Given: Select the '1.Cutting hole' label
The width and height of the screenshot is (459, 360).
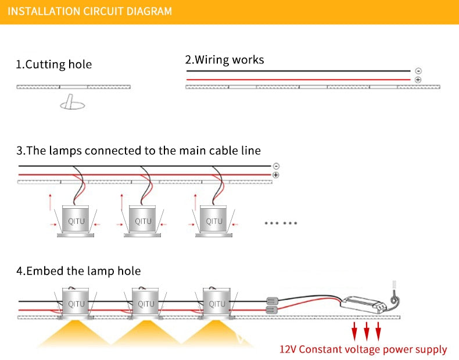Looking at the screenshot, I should click(x=53, y=64).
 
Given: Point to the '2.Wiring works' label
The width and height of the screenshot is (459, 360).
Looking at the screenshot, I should click(x=224, y=59).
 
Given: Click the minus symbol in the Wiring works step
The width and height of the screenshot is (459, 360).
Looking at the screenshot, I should click(x=418, y=71).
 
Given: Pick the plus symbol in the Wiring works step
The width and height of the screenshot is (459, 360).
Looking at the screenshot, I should click(x=418, y=79).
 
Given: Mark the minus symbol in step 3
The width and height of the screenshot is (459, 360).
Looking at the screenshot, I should click(x=275, y=166).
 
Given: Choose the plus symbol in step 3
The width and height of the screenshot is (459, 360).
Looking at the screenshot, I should click(x=275, y=174).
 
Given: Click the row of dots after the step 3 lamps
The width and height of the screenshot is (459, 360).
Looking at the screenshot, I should click(x=281, y=223).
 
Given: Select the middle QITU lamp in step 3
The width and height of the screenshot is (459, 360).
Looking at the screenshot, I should click(x=144, y=220).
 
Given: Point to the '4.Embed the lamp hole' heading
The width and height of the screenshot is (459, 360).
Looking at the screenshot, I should click(x=78, y=271).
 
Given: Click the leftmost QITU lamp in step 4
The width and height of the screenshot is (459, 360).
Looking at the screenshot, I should click(x=76, y=303).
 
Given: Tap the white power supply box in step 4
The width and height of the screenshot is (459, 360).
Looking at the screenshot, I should click(x=363, y=303).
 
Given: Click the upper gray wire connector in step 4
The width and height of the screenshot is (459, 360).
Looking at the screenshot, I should click(x=271, y=302).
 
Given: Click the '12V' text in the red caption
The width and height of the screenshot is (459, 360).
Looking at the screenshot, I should click(x=289, y=350).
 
